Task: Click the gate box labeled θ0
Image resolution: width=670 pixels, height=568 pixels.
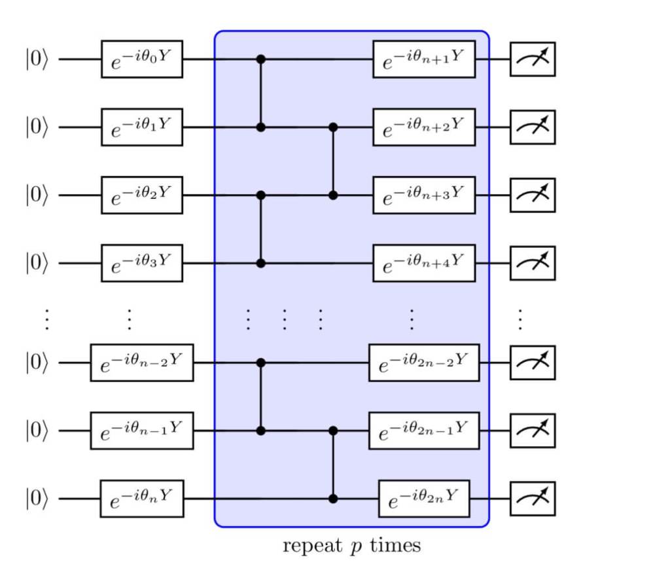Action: click(x=141, y=59)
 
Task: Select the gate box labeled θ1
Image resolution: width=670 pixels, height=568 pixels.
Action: click(x=141, y=127)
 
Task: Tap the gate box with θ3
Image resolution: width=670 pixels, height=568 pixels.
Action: click(x=141, y=263)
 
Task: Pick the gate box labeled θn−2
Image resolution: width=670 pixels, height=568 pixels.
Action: click(x=141, y=363)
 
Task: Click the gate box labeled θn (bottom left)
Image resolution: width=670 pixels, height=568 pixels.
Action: click(x=141, y=499)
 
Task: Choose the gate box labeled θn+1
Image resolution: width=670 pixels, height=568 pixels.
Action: click(x=424, y=59)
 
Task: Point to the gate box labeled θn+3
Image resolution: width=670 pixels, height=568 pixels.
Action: click(x=424, y=195)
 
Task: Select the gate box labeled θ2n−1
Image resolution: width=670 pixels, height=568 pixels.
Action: click(x=424, y=431)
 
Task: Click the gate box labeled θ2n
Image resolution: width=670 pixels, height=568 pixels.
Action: click(x=424, y=499)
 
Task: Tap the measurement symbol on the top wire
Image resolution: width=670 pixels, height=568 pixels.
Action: click(x=533, y=59)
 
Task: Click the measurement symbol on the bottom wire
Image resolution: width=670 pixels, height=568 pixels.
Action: click(x=533, y=499)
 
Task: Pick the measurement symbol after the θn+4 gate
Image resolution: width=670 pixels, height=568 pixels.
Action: click(x=533, y=263)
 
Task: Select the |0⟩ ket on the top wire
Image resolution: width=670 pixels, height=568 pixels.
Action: click(x=37, y=60)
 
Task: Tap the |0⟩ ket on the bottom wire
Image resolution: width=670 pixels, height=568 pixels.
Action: click(x=37, y=499)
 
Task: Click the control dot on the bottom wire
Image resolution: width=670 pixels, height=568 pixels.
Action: click(x=333, y=499)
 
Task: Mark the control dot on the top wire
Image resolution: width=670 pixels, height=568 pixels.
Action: click(x=261, y=59)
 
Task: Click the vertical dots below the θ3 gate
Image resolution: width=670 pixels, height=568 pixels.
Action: click(x=130, y=318)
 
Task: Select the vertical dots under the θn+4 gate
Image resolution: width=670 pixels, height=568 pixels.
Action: click(x=412, y=318)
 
